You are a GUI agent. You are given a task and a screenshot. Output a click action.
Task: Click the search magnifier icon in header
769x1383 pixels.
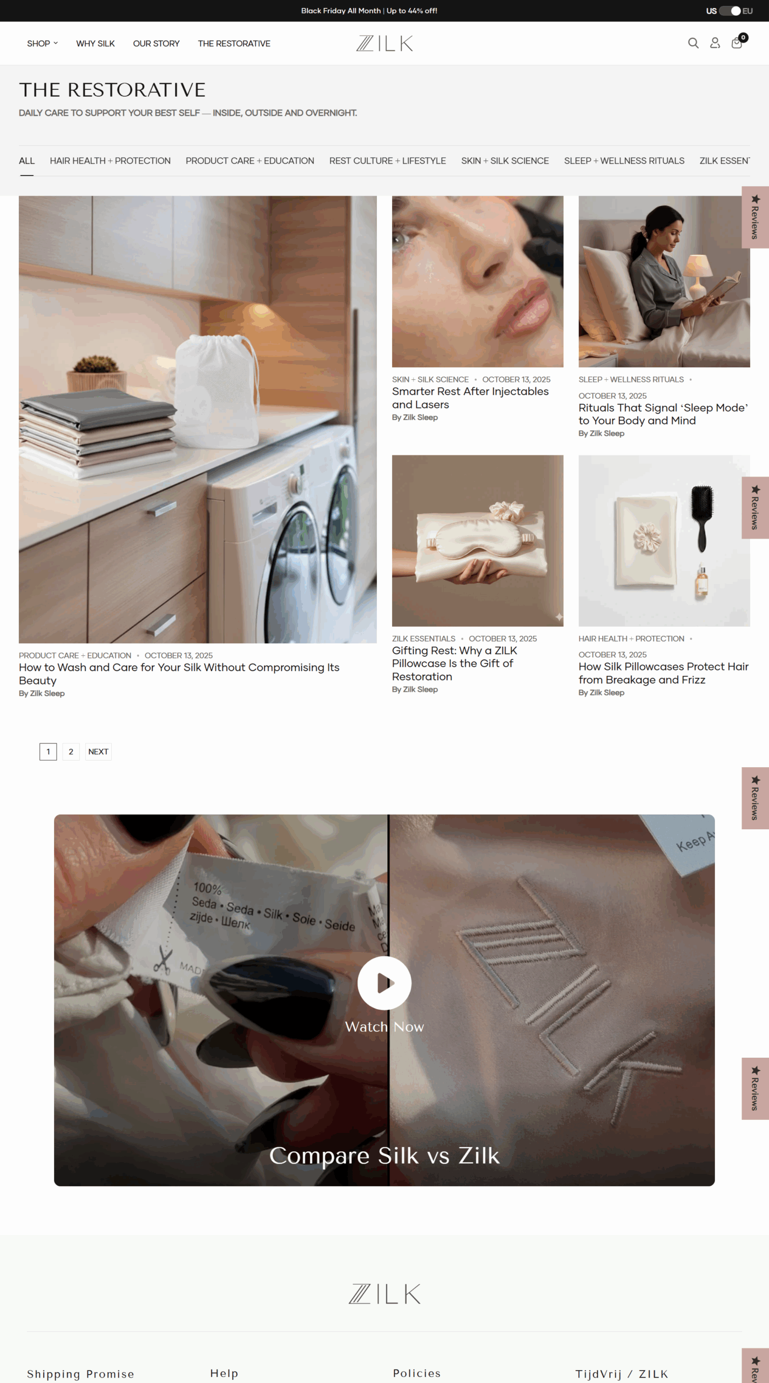coord(693,43)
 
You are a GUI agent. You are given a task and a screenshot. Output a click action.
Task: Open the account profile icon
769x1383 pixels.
coord(714,43)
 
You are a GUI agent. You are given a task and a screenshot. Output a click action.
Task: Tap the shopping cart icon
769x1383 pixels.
coord(737,43)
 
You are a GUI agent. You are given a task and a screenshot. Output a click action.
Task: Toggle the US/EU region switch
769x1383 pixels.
coord(730,11)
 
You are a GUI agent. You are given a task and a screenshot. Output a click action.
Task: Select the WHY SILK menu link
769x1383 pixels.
coord(95,44)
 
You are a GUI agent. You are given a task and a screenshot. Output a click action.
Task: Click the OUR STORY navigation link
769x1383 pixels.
coord(156,44)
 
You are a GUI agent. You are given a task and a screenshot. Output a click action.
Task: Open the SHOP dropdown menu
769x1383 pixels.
coord(42,44)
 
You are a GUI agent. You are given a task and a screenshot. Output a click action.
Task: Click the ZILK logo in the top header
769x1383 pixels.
coord(384,43)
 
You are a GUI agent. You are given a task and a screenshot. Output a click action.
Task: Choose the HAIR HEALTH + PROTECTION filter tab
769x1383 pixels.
coord(110,161)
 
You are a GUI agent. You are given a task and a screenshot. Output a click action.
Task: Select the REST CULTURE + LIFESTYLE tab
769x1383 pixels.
coord(387,161)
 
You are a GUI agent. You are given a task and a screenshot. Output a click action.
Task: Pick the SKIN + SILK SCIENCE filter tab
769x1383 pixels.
coord(504,161)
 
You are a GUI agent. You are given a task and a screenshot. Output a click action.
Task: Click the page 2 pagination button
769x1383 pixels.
coord(71,751)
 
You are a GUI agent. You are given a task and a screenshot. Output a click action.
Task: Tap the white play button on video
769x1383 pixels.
coord(384,983)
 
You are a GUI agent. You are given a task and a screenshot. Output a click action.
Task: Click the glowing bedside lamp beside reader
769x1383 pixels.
coord(698,270)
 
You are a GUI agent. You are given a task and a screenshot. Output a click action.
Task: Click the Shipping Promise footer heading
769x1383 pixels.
coord(80,1374)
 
